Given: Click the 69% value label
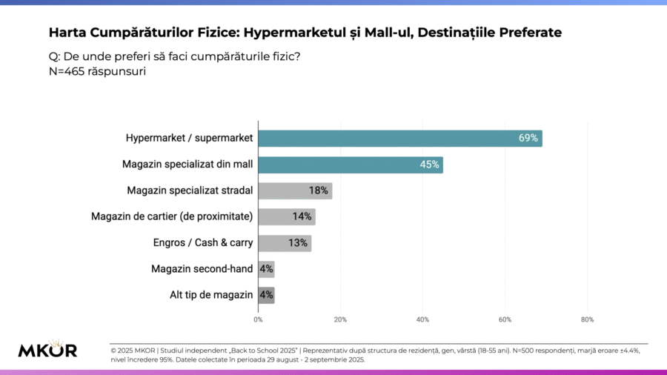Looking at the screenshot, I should point(528,139).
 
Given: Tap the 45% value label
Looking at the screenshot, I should point(430,165).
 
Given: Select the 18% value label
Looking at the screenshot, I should point(319,190).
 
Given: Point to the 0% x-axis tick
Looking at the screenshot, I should point(258,319).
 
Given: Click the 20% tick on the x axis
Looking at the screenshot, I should point(340,319).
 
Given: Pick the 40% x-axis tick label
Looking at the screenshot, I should point(422,319).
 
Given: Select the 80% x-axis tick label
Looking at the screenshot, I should point(587,319).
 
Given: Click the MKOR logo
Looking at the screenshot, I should point(47,350).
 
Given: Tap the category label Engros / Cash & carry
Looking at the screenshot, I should point(203,243).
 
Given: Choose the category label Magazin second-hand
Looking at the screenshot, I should point(202,269).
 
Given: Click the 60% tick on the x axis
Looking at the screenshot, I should point(505,319).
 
